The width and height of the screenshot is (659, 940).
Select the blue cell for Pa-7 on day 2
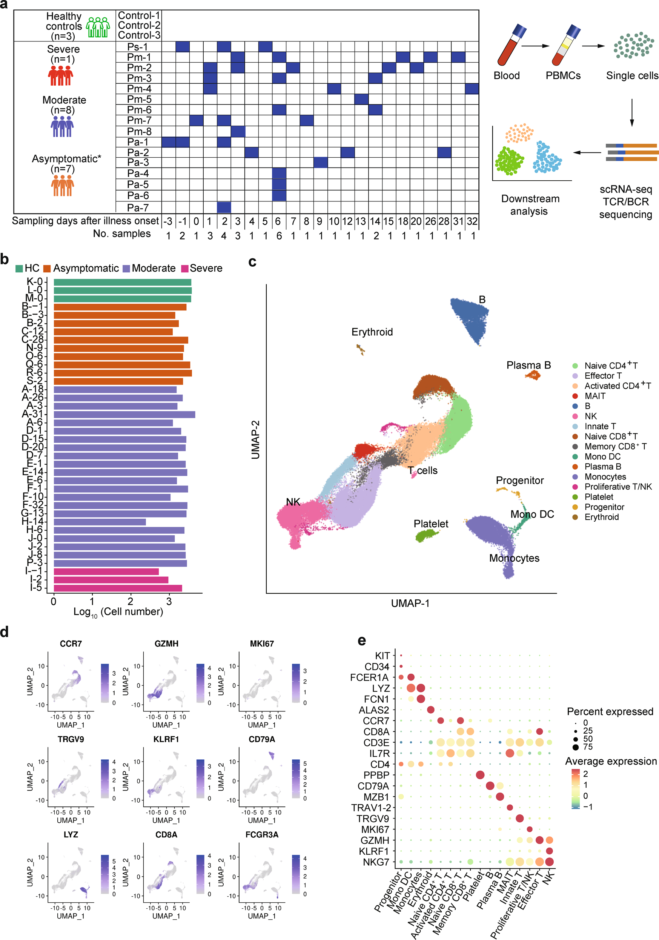coord(224,207)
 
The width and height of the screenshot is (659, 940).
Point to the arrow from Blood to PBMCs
coord(535,46)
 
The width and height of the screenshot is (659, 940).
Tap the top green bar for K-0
coord(122,282)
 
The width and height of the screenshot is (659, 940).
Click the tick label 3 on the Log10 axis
coord(169,601)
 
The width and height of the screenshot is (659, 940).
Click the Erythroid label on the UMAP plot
coord(372,332)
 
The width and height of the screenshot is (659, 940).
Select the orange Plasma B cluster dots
coord(533,375)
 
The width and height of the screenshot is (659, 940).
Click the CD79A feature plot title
coord(261,739)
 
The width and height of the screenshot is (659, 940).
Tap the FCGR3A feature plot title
coord(261,835)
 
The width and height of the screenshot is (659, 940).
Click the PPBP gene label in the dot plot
coord(376,775)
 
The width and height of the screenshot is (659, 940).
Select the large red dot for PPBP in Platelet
coord(480,775)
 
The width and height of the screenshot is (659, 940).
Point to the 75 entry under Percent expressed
coord(588,747)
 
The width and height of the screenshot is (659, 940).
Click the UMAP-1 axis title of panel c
coord(410,604)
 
